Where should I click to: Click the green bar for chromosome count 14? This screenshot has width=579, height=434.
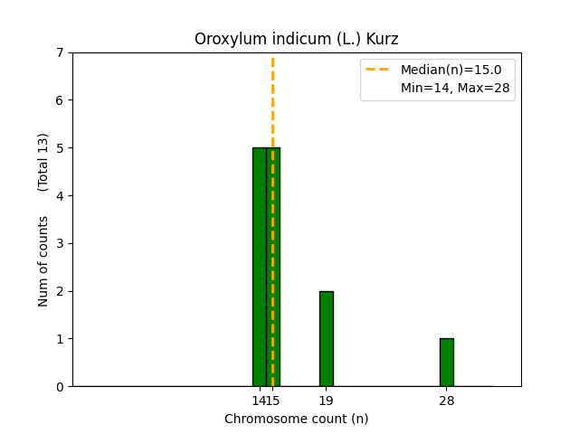pyautogui.click(x=259, y=267)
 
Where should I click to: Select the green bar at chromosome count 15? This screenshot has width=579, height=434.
pyautogui.click(x=273, y=267)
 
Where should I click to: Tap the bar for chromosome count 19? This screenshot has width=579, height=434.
pyautogui.click(x=326, y=338)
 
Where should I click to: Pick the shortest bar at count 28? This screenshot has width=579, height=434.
pyautogui.click(x=446, y=362)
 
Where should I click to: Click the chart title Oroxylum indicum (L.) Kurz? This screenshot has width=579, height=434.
pyautogui.click(x=296, y=39)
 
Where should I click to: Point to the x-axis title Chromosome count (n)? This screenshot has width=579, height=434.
pyautogui.click(x=296, y=419)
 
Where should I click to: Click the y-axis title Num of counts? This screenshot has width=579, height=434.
pyautogui.click(x=43, y=261)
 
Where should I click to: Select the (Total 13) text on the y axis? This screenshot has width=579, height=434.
pyautogui.click(x=43, y=162)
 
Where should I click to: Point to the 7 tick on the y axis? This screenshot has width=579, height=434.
pyautogui.click(x=60, y=52)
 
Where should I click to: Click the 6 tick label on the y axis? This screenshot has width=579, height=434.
pyautogui.click(x=60, y=100)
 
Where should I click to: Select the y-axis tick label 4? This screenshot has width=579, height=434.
pyautogui.click(x=60, y=195)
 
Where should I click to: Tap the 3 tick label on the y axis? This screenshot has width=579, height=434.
pyautogui.click(x=60, y=243)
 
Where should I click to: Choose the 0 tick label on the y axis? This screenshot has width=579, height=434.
pyautogui.click(x=60, y=386)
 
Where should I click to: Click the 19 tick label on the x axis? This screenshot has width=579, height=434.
pyautogui.click(x=326, y=401)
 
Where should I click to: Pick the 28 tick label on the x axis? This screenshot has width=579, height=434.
pyautogui.click(x=446, y=401)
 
